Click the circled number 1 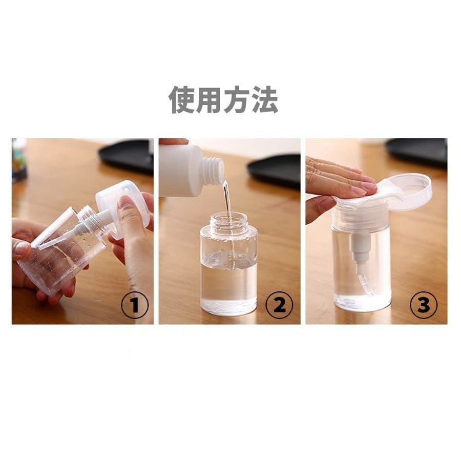pyautogui.click(x=135, y=305)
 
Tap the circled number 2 pyautogui.click(x=279, y=305)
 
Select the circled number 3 pyautogui.click(x=424, y=305)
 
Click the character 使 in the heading pyautogui.click(x=182, y=100)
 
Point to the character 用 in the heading pyautogui.click(x=209, y=100)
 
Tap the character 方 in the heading pyautogui.click(x=237, y=100)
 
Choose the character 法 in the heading pyautogui.click(x=265, y=100)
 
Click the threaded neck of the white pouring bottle pyautogui.click(x=214, y=169)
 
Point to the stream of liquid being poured pyautogui.click(x=227, y=203)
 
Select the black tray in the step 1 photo pyautogui.click(x=127, y=156)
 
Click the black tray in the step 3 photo pyautogui.click(x=417, y=153)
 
